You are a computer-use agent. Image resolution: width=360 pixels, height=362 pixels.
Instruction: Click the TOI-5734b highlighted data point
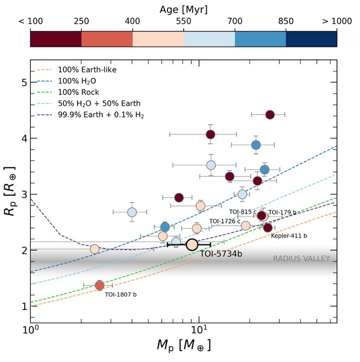pyautogui.click(x=192, y=245)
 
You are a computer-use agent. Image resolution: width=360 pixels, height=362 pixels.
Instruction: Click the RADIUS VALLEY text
pyautogui.click(x=301, y=258)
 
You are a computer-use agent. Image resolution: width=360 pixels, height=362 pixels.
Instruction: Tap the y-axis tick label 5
pyautogui.click(x=23, y=82)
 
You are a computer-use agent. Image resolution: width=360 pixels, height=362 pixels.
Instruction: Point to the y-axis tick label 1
pyautogui.click(x=23, y=306)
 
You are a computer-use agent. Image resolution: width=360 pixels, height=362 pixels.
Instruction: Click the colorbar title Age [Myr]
pyautogui.click(x=184, y=9)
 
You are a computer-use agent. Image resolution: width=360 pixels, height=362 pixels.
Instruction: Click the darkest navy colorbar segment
pyautogui.click(x=311, y=39)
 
